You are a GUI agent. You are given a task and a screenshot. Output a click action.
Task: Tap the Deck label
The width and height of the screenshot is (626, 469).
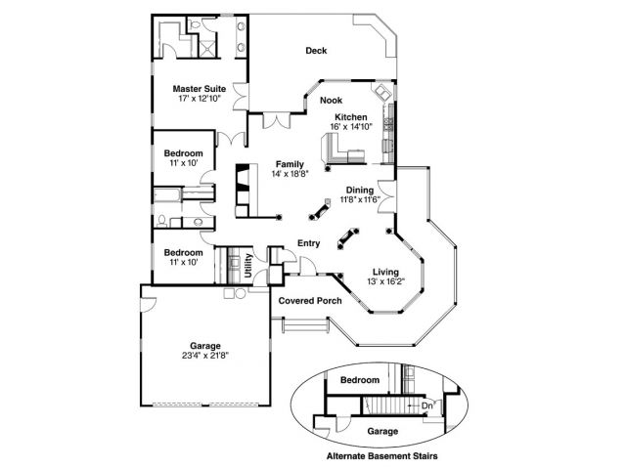(315, 51)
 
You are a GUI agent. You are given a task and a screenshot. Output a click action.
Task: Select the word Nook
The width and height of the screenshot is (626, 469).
(332, 99)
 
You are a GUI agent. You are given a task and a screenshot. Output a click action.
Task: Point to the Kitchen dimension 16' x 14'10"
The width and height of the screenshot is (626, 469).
(351, 126)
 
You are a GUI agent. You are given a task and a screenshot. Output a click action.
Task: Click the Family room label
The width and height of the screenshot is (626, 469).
(289, 163)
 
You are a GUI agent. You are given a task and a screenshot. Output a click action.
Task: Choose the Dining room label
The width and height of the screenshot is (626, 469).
(361, 190)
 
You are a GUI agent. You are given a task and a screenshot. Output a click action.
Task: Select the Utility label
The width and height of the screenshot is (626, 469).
(249, 266)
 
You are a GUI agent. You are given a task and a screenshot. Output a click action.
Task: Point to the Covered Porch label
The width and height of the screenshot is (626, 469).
(310, 301)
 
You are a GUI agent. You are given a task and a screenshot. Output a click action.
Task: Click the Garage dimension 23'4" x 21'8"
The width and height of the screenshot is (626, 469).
(206, 357)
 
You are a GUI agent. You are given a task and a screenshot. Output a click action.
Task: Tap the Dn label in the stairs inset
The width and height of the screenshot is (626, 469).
(426, 405)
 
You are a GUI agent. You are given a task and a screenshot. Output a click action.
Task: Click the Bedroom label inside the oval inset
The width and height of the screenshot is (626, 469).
(359, 379)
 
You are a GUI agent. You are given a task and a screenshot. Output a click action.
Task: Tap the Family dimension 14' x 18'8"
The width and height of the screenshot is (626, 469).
(290, 174)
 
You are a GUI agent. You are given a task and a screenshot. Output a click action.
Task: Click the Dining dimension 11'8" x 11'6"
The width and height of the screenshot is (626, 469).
(361, 200)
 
